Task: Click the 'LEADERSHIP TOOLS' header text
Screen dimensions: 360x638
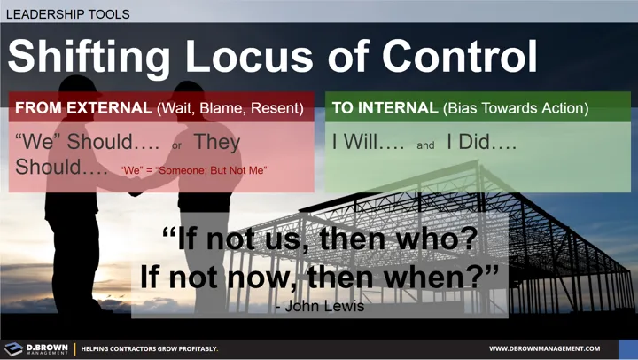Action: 67,14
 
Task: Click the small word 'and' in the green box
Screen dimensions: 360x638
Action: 425,145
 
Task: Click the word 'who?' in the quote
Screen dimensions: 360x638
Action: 428,239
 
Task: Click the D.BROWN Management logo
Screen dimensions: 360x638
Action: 36,348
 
